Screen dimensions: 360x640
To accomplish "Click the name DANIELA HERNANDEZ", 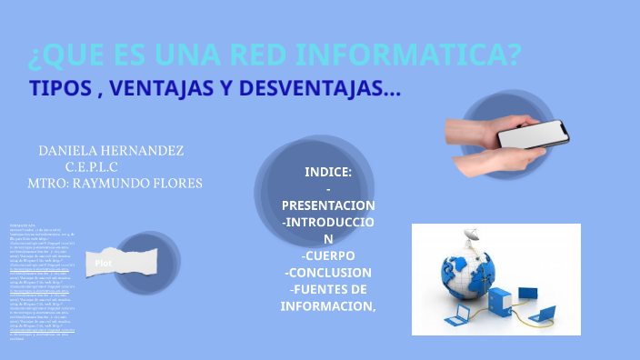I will [x=111, y=150].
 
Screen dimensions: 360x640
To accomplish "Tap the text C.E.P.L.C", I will [x=92, y=166].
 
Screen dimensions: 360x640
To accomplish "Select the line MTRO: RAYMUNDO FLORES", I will [x=115, y=183].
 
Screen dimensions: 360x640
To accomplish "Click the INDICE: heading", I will [x=327, y=172].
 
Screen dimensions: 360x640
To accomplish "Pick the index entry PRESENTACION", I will [x=327, y=205].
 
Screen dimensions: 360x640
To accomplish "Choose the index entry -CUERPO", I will [x=327, y=255].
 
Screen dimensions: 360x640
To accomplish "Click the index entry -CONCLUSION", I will [x=327, y=272].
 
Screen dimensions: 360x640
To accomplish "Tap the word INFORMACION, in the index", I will [x=327, y=305].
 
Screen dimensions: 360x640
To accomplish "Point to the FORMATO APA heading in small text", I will [x=22, y=225].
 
